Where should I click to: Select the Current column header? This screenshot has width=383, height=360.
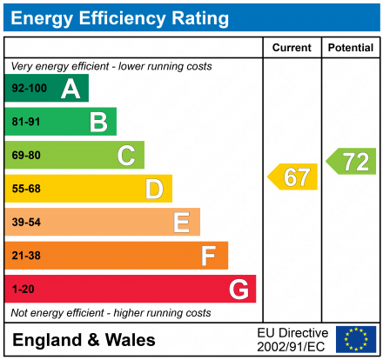pyautogui.click(x=292, y=48)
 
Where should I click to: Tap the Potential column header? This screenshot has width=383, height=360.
pyautogui.click(x=350, y=48)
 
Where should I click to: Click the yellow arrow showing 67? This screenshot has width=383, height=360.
pyautogui.click(x=293, y=177)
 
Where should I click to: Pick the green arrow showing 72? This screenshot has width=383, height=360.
pyautogui.click(x=353, y=160)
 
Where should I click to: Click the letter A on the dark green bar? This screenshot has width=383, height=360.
pyautogui.click(x=71, y=89)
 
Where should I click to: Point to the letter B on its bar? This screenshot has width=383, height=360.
pyautogui.click(x=98, y=122)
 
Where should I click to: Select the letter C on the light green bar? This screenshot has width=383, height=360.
pyautogui.click(x=126, y=156)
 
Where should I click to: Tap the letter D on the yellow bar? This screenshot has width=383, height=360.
pyautogui.click(x=154, y=189)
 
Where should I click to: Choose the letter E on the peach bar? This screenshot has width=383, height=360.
pyautogui.click(x=181, y=223)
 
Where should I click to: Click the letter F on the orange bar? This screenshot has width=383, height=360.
pyautogui.click(x=209, y=256)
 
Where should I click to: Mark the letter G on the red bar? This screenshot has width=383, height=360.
pyautogui.click(x=238, y=289)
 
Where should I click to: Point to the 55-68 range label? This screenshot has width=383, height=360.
pyautogui.click(x=25, y=189)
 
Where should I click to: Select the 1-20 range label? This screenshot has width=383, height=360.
pyautogui.click(x=23, y=289)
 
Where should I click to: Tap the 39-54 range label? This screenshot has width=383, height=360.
pyautogui.click(x=25, y=223)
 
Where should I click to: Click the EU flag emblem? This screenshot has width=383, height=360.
pyautogui.click(x=356, y=339)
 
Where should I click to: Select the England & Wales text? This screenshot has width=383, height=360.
pyautogui.click(x=84, y=340)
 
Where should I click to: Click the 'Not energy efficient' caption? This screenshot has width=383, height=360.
pyautogui.click(x=111, y=312)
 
